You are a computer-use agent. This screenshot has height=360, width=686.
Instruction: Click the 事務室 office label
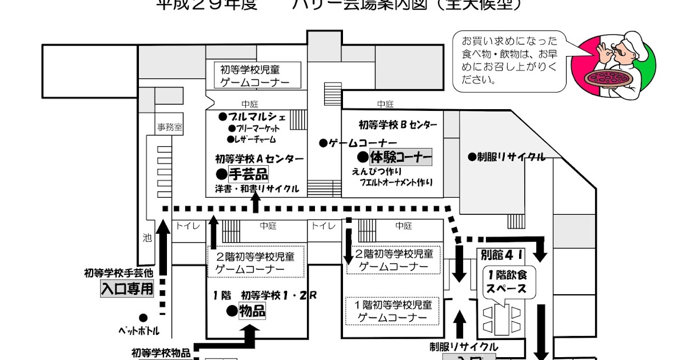(x=170, y=128)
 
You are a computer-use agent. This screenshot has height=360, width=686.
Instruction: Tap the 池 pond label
(x=147, y=237)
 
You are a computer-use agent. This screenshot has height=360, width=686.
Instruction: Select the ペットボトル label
(x=139, y=331)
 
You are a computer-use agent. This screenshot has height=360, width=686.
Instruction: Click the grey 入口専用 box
(x=127, y=289)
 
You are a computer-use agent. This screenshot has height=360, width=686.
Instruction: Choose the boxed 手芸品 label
(x=248, y=173)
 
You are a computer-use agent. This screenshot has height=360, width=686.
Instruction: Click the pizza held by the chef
(x=611, y=78)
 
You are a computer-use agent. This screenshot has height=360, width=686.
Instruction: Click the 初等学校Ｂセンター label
(x=398, y=125)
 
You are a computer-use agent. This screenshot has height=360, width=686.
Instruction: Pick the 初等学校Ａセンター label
(x=260, y=158)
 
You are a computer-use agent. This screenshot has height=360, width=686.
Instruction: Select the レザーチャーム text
(x=255, y=139)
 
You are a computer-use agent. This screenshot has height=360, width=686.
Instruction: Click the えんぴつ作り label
(x=377, y=171)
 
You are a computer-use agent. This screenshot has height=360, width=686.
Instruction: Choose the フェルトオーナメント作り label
(x=396, y=183)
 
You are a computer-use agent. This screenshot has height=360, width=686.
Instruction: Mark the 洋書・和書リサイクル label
(x=257, y=188)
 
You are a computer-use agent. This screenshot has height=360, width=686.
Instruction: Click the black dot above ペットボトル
(x=143, y=318)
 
